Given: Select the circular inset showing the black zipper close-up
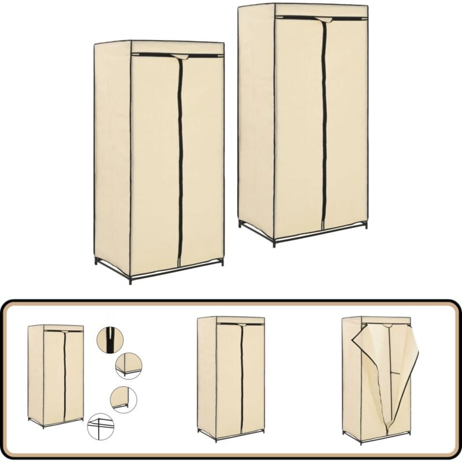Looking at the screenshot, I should (x=110, y=340).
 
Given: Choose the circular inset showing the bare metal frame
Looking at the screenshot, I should (x=100, y=427).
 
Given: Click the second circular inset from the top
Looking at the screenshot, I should (x=128, y=366).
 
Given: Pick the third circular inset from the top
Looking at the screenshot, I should (x=124, y=399).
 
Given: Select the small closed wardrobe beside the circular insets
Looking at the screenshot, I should (x=55, y=375).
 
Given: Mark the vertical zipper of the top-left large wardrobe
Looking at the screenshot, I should (x=180, y=162).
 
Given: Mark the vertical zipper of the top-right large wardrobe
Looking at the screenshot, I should (x=324, y=127).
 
